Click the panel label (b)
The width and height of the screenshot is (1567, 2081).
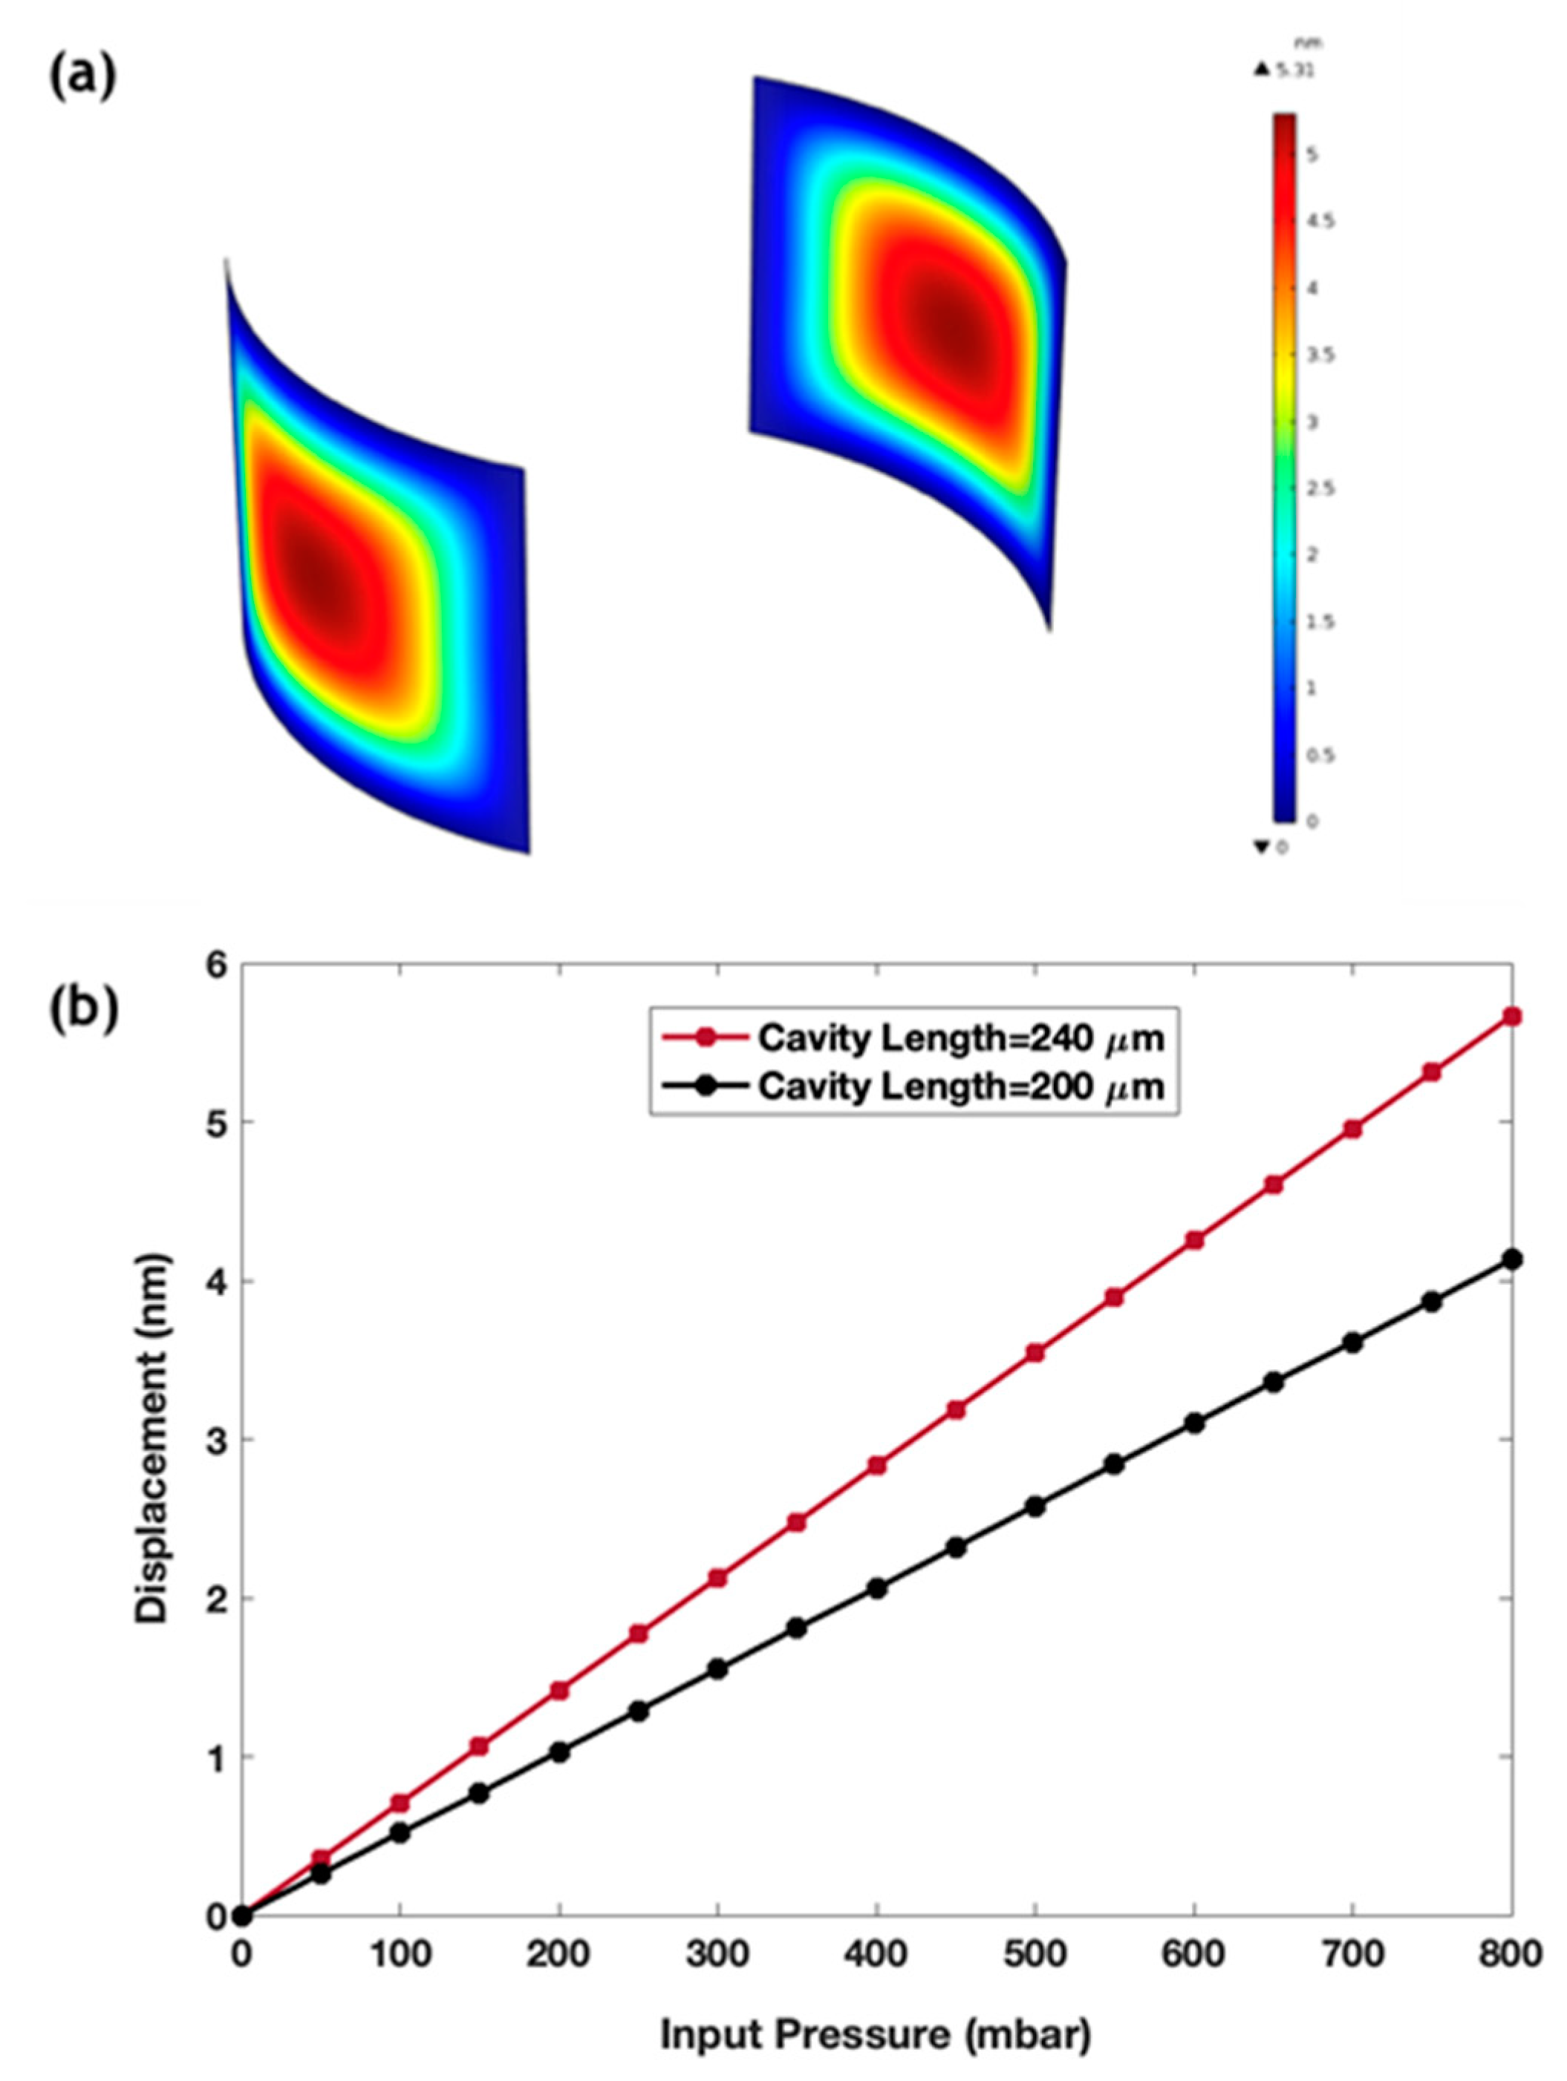coord(83,1006)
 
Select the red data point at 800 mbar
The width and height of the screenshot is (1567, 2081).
coord(1512,1016)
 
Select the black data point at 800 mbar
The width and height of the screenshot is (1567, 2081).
coord(1512,1259)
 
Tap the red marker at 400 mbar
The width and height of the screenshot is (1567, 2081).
coord(877,1466)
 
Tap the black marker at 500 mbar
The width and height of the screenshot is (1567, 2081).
coord(1035,1506)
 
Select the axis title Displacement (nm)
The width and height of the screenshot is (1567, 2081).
coord(152,1439)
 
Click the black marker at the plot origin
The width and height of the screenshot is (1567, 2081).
coord(242,1915)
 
